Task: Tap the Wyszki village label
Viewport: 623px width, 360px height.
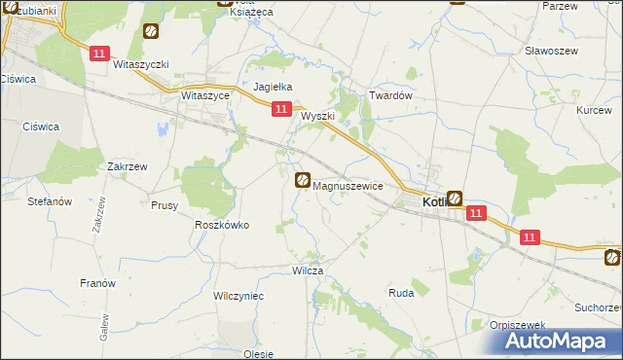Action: click(x=318, y=116)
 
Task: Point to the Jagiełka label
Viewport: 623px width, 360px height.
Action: click(x=274, y=87)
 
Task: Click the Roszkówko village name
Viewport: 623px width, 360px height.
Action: click(x=222, y=224)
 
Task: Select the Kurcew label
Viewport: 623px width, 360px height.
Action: click(x=593, y=111)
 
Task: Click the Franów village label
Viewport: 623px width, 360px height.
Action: click(x=97, y=283)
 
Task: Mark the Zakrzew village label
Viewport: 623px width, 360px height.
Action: click(x=128, y=166)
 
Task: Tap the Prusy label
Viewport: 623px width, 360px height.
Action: click(x=164, y=205)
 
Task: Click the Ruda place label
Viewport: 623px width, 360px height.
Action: click(x=401, y=292)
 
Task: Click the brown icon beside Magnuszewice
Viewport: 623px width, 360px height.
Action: click(x=303, y=180)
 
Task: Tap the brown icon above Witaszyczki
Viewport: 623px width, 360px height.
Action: click(x=151, y=32)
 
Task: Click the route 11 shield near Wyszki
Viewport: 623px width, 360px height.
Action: click(x=280, y=111)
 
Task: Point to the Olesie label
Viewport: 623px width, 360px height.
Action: click(x=258, y=354)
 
